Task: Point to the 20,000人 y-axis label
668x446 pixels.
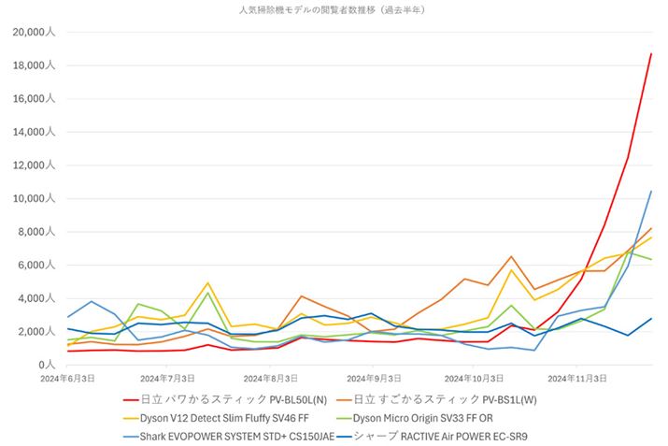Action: [x=36, y=33]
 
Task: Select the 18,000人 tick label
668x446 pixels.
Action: [x=36, y=65]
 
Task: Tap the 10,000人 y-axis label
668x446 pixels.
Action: [x=36, y=199]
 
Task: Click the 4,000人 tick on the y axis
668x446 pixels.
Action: [x=38, y=298]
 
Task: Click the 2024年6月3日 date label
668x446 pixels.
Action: [x=69, y=378]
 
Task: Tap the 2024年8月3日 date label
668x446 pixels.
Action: [x=271, y=378]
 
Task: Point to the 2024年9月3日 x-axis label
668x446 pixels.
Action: [x=372, y=378]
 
